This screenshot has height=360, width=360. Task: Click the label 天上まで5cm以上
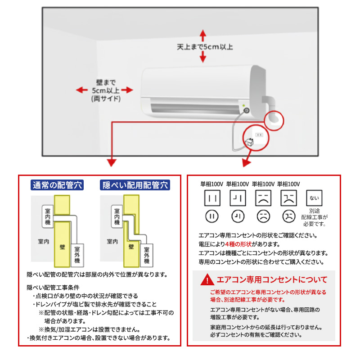[204, 46]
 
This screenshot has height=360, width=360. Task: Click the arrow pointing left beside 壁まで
[81, 90]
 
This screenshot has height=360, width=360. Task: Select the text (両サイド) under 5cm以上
[106, 99]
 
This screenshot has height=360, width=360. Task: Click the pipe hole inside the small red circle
[273, 118]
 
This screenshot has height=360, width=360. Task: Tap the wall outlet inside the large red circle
[259, 134]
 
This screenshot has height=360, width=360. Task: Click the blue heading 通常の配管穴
[57, 185]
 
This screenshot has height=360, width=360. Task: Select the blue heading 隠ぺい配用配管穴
[135, 185]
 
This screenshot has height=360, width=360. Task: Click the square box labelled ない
[314, 198]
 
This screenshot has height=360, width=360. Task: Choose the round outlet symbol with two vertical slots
[212, 216]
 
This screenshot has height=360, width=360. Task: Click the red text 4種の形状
[239, 244]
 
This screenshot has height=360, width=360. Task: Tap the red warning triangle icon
[207, 279]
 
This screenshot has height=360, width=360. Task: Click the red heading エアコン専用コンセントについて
[272, 279]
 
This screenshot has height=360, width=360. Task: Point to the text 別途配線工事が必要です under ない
[315, 217]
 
